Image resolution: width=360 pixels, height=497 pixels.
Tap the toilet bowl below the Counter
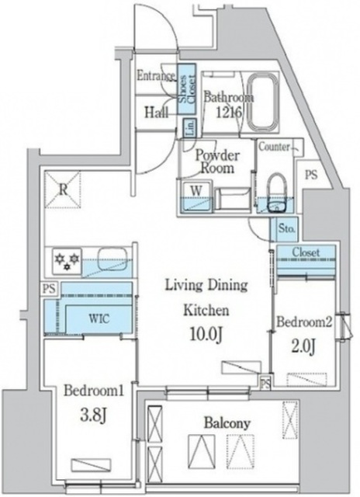(278, 193)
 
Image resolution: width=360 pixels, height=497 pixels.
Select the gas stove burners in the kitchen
(67, 261)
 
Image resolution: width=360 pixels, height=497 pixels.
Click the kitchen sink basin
(113, 259)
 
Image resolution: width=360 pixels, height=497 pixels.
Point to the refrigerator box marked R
(63, 189)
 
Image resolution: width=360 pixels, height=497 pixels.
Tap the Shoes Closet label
(187, 89)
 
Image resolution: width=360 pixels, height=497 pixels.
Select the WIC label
(99, 318)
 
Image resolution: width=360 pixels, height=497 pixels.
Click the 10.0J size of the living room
(206, 333)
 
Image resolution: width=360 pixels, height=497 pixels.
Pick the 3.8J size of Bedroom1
(93, 415)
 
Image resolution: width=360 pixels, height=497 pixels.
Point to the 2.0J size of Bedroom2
(304, 347)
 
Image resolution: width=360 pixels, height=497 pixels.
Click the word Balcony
(227, 423)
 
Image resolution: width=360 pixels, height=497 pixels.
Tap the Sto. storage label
(287, 228)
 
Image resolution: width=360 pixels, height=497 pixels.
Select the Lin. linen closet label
(189, 128)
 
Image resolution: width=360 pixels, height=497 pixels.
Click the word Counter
(274, 147)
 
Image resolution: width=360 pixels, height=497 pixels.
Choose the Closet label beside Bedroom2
(306, 252)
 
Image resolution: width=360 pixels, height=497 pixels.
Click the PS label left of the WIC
(50, 289)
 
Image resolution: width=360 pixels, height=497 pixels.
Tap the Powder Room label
(217, 162)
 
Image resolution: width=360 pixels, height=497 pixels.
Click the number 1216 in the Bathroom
(229, 112)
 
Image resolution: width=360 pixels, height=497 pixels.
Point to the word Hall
(156, 112)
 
